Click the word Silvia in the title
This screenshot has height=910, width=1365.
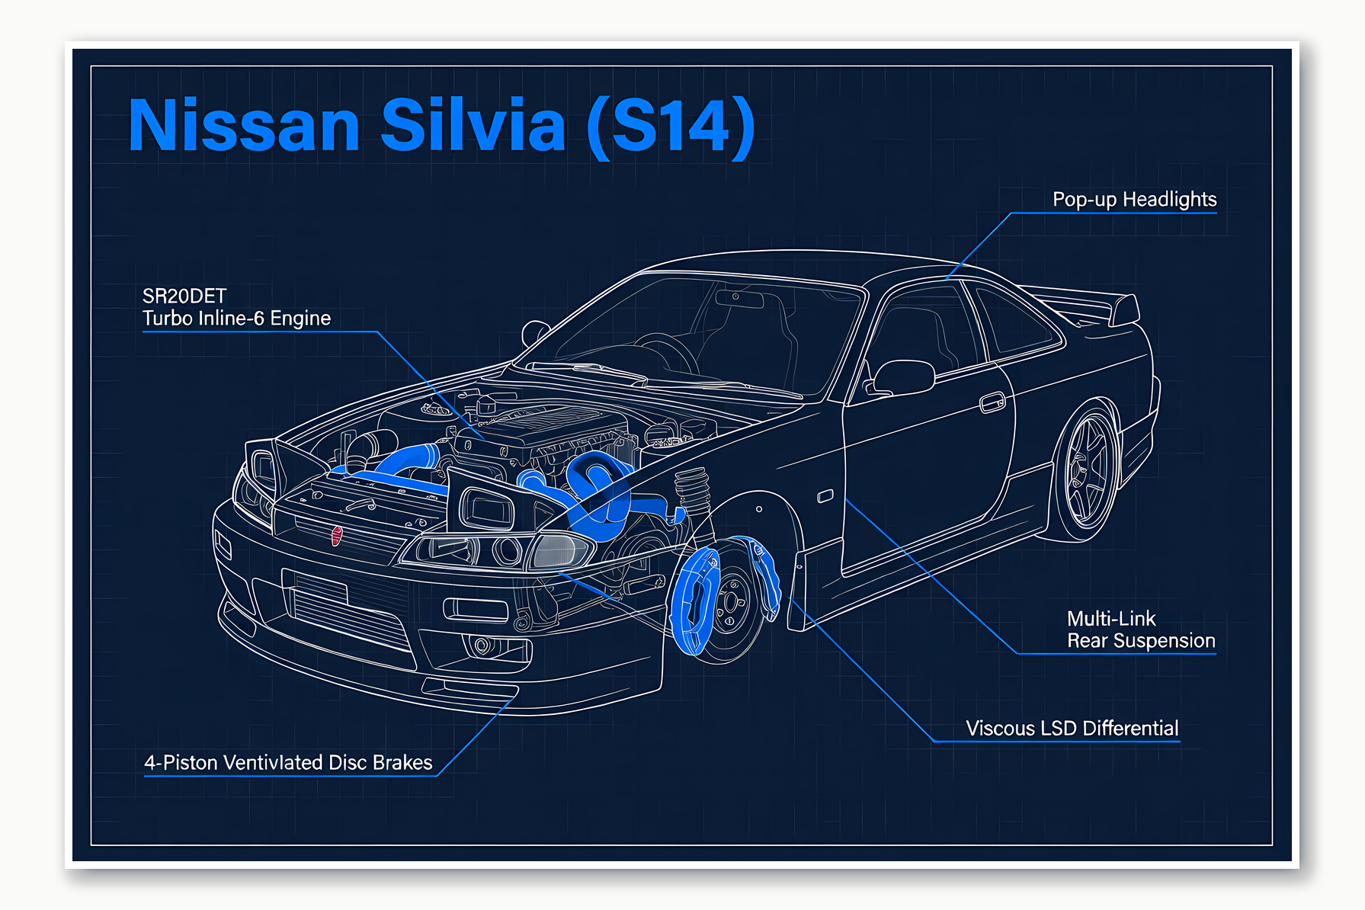473,124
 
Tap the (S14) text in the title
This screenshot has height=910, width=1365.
671,126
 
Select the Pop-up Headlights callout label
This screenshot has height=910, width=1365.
1134,200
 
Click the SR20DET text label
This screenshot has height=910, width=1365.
184,296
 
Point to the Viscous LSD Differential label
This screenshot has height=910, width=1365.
1072,729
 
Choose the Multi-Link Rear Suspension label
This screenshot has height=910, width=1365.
1140,630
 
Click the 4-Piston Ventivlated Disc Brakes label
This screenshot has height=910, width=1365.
288,763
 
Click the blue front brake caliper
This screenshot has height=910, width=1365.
694,602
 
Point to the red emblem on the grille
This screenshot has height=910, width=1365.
337,535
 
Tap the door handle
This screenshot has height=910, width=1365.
992,402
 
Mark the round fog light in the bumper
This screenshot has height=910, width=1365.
482,646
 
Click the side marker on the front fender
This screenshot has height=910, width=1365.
825,497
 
